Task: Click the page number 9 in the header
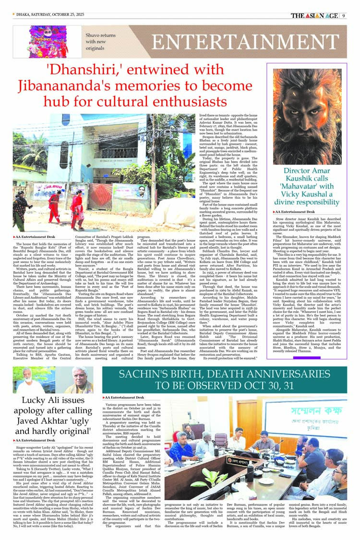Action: tap(344, 15)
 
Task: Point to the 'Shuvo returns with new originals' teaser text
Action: tap(100, 42)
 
